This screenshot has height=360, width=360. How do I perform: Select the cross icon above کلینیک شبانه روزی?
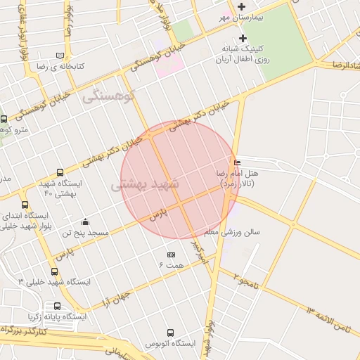243,38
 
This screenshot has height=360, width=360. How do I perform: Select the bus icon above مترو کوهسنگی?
4,120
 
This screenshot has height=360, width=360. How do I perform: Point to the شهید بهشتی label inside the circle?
146,185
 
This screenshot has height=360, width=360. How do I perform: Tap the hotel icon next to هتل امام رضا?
236,163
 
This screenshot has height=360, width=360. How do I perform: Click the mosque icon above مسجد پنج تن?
85,222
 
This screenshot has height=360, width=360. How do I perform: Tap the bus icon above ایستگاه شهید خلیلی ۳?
54,271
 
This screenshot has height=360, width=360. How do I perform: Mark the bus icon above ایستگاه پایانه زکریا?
57,306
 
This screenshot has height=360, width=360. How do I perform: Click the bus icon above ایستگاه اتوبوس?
170,333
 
